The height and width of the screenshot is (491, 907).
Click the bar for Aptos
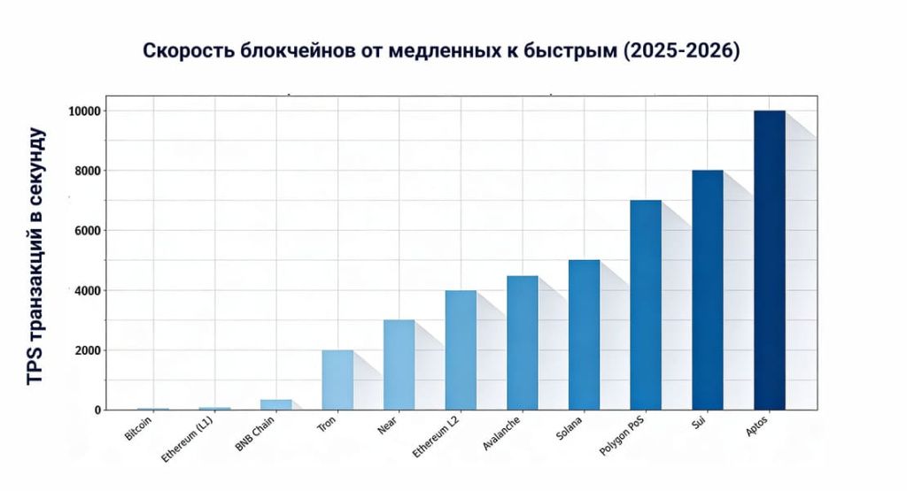coord(769,260)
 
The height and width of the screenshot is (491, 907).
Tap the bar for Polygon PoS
coord(646,305)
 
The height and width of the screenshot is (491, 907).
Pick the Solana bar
coord(584,335)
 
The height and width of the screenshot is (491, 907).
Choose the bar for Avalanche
coord(523,343)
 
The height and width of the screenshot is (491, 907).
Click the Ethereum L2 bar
coord(461,350)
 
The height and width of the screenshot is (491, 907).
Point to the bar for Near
coord(399,365)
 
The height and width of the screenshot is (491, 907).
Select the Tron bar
coord(337,380)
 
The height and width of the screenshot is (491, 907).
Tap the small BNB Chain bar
coord(275,405)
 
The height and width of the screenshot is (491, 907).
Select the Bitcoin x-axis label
coord(139,427)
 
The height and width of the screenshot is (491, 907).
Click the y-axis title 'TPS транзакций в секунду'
coord(35,257)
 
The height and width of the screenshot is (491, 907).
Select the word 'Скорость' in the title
coord(189,51)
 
